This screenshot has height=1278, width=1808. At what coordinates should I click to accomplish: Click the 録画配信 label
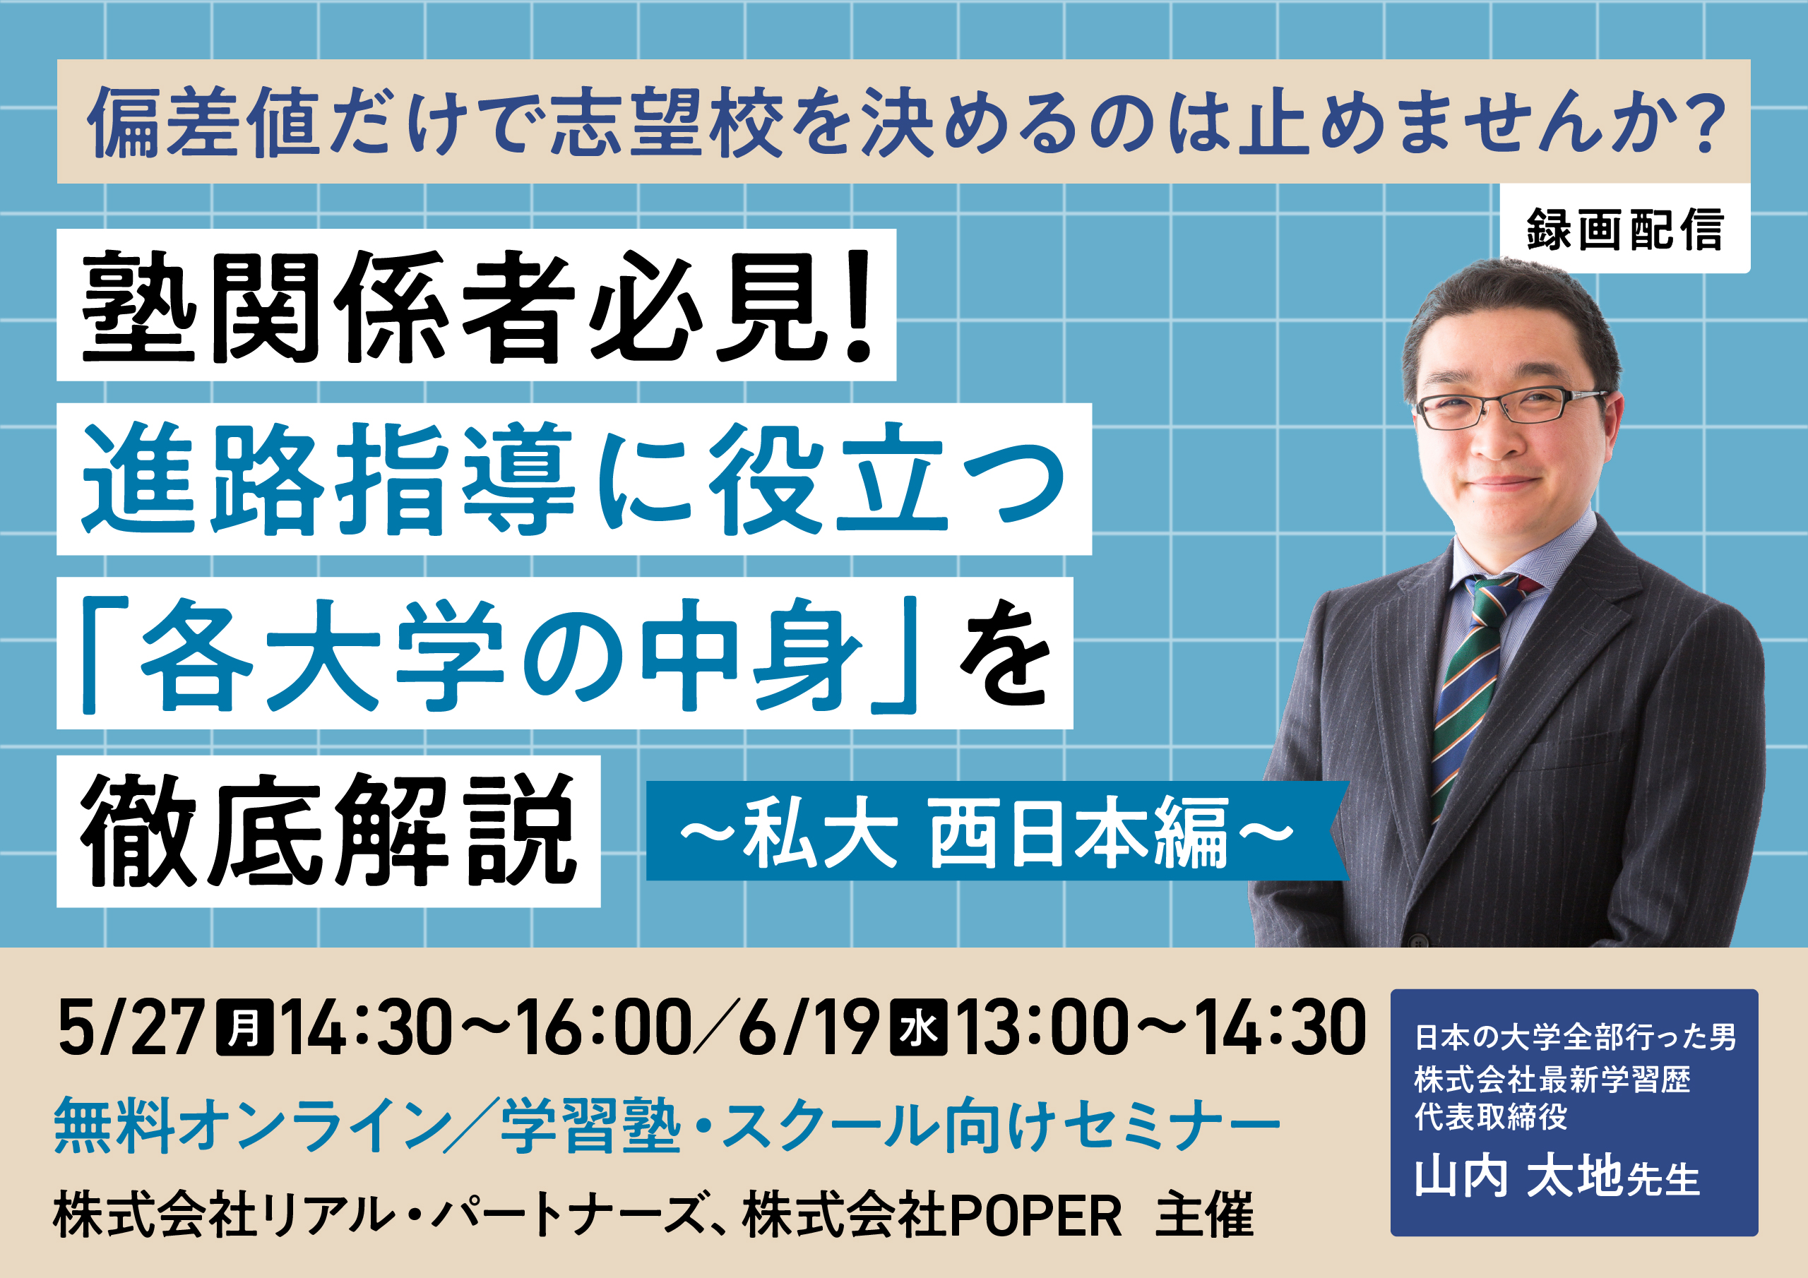pyautogui.click(x=1625, y=229)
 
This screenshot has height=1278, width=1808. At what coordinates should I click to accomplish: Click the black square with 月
pyautogui.click(x=245, y=1027)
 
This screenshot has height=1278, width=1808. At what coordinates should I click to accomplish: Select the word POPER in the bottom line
pyautogui.click(x=1036, y=1216)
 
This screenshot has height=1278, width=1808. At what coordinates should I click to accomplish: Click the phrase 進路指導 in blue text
pyautogui.click(x=330, y=479)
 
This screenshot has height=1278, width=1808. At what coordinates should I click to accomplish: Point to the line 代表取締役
pyautogui.click(x=1491, y=1117)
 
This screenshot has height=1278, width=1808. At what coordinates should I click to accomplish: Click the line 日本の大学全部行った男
pyautogui.click(x=1576, y=1037)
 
